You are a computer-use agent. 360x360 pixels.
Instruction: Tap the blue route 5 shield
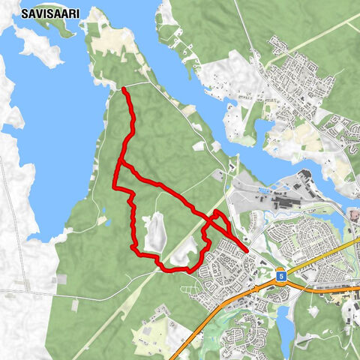pos(279,275)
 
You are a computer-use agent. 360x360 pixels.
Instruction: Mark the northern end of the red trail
pos(123,89)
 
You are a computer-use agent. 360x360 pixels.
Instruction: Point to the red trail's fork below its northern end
pos(119,163)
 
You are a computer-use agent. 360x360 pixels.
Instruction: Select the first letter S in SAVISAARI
pos(25,13)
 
